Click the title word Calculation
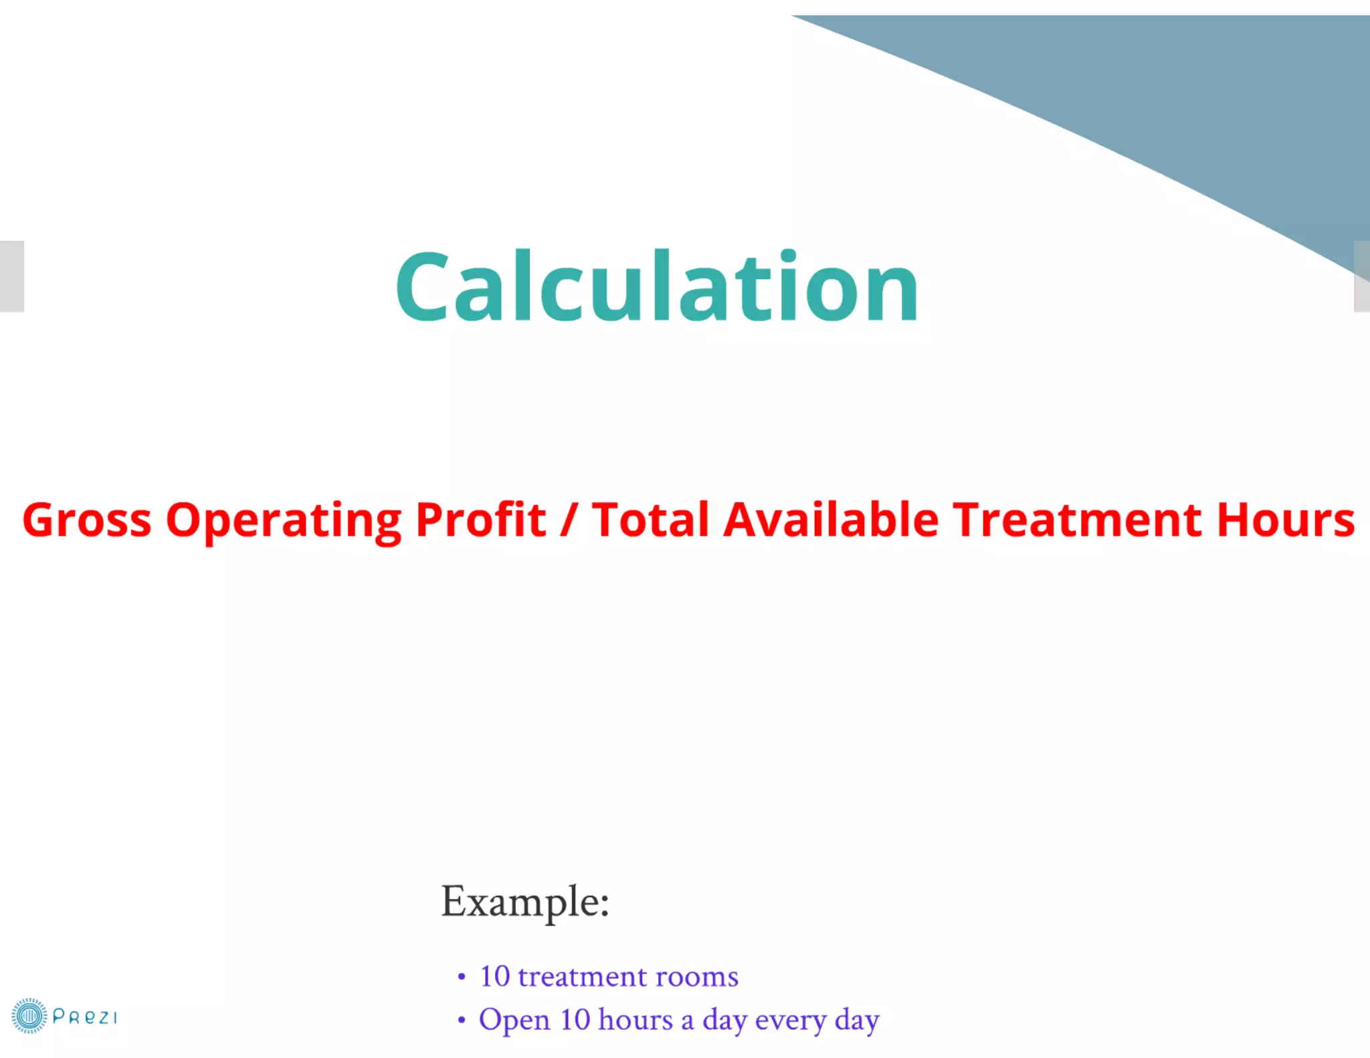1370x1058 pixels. click(x=657, y=286)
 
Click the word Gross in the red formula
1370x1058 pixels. click(x=87, y=520)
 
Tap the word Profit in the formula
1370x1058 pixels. click(x=480, y=520)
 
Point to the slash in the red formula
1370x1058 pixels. click(x=569, y=520)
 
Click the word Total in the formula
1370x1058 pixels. click(x=650, y=520)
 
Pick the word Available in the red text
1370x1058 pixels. click(x=831, y=520)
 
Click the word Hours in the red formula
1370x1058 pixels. click(x=1286, y=520)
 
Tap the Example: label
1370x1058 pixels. click(x=525, y=902)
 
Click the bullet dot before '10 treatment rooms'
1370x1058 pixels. click(x=462, y=977)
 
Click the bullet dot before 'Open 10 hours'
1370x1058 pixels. click(x=462, y=1021)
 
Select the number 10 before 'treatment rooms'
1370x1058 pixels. click(x=495, y=976)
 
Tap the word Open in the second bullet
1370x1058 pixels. click(x=514, y=1021)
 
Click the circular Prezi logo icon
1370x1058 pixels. click(x=29, y=1016)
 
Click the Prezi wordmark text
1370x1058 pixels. click(x=84, y=1017)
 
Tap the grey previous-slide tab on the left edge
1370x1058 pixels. click(x=11, y=276)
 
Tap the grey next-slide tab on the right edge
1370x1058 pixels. click(x=1362, y=276)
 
